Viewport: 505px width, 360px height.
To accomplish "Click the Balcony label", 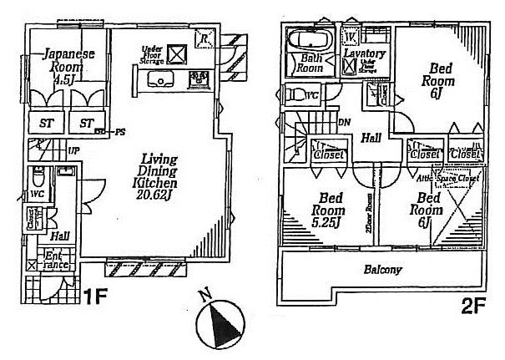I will pos(383,270).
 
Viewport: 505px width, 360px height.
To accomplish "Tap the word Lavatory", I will pos(366,54).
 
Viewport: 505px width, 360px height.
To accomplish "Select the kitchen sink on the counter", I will pos(158,80).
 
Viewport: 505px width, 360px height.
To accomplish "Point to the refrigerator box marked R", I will pos(205,36).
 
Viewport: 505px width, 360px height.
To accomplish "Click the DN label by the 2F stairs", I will pos(345,123).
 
